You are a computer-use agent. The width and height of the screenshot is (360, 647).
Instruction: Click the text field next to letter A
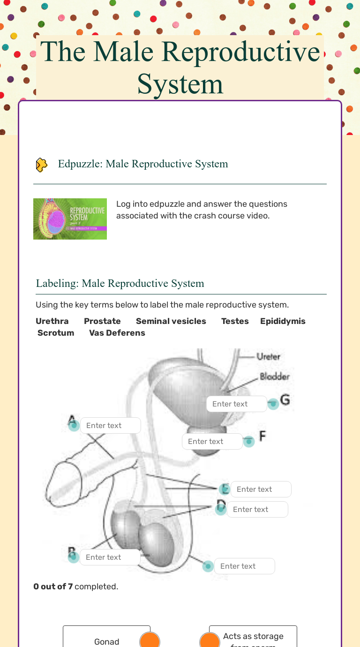coord(110,426)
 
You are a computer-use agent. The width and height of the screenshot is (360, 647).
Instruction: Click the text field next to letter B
coord(110,557)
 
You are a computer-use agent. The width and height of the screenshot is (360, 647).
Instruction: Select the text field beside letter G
coord(236,404)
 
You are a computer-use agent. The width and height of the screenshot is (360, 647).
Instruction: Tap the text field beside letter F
coord(212,442)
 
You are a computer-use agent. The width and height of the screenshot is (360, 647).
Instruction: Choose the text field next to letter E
coord(261,489)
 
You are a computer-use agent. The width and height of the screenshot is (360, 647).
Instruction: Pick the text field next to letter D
coord(257,510)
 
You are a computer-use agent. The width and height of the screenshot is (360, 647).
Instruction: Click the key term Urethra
coord(52,321)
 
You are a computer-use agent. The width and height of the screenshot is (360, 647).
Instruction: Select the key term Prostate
coord(102,321)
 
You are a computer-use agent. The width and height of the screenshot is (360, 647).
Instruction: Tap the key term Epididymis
coord(283,321)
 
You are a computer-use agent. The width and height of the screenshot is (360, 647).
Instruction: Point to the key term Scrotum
coord(56,333)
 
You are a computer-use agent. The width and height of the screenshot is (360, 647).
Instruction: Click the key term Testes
coord(235,321)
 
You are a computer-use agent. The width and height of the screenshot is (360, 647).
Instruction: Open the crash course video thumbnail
coord(70,219)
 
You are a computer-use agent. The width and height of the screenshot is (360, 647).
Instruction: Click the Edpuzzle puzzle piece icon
coord(42,165)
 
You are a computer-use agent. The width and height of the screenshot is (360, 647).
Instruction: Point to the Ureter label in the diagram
coord(268,357)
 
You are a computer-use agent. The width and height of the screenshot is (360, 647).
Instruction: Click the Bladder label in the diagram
coord(275,376)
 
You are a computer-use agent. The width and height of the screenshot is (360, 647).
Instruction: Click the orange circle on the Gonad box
coord(150,641)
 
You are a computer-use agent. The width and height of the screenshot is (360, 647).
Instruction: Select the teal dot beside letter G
coord(273,403)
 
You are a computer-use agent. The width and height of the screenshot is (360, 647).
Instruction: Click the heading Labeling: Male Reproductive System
coord(120,284)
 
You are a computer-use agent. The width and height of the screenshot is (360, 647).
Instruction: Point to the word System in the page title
coord(180,84)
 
